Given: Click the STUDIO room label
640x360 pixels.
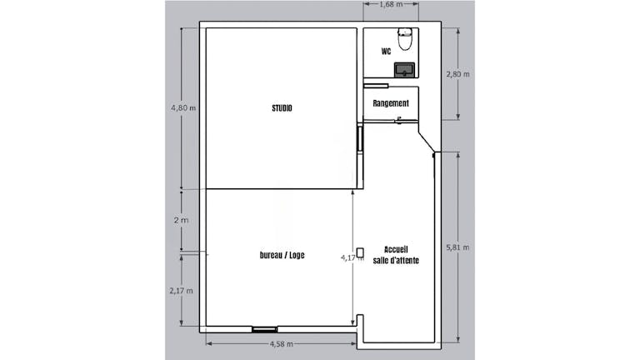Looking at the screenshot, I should click(x=282, y=108).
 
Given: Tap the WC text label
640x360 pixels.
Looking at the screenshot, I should click(x=387, y=51).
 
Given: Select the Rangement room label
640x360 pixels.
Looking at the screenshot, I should click(x=391, y=103).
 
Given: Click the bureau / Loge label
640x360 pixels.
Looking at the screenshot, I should click(x=282, y=255).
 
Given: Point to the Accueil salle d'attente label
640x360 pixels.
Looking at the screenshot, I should click(x=402, y=255).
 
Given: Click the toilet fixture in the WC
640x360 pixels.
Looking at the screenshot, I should click(x=405, y=37).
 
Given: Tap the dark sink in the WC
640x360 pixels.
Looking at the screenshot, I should click(x=405, y=69).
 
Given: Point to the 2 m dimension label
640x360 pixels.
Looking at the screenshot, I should click(x=181, y=220).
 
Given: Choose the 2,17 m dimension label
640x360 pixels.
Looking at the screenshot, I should click(x=182, y=291).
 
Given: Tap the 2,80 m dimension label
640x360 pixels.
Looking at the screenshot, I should click(x=457, y=74).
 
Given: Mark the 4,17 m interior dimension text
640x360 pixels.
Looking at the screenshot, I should click(x=352, y=258).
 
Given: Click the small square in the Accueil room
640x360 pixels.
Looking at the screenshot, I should click(x=361, y=252).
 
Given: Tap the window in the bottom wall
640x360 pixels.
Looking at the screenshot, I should click(x=265, y=329).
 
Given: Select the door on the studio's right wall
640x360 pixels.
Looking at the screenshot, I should click(x=359, y=138).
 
